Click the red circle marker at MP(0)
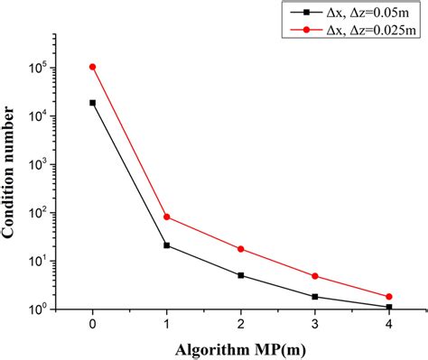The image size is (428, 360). [x=93, y=67]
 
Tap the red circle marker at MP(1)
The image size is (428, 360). [x=167, y=217]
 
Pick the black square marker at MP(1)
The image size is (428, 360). [x=167, y=245]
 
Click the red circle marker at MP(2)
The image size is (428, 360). [x=241, y=249]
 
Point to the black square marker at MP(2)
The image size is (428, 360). [x=241, y=275]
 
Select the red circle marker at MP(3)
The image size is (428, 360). [x=315, y=276]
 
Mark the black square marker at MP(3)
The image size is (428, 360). [x=315, y=297]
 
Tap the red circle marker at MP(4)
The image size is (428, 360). [x=389, y=297]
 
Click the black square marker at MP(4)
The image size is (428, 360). [x=389, y=308]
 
